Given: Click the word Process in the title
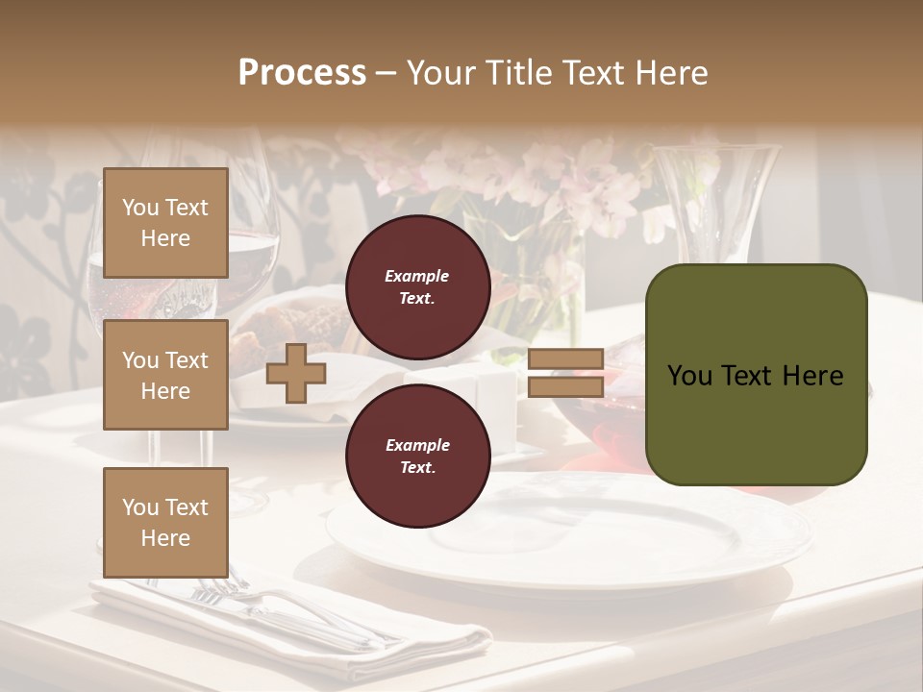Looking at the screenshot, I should tap(302, 73).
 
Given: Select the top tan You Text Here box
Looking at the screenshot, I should tap(165, 223).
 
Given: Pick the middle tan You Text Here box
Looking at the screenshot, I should tap(165, 375).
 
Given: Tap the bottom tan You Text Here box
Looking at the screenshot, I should tap(165, 522).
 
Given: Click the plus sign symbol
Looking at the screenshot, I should tap(296, 373).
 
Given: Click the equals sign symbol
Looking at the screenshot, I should tap(565, 373).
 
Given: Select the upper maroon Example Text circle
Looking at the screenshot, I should tap(416, 286).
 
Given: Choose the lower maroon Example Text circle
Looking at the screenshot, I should tap(416, 456).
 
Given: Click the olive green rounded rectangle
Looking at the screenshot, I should tap(756, 375).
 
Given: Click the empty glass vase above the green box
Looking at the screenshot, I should tap(716, 202).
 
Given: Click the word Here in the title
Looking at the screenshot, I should tap(670, 73).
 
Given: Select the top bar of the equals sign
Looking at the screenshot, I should tap(565, 359).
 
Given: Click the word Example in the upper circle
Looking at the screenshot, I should tap(416, 276).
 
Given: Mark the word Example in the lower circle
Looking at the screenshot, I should tap(416, 445).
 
